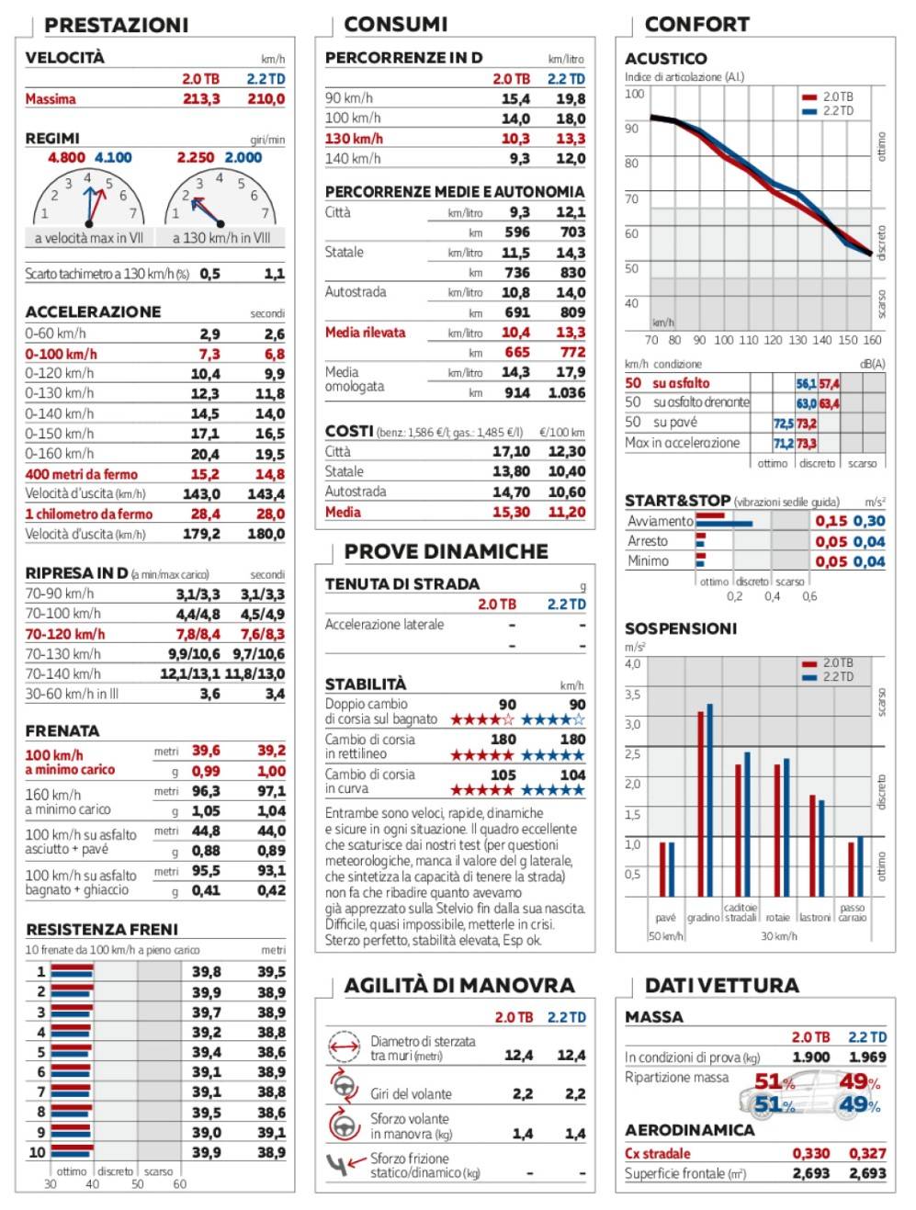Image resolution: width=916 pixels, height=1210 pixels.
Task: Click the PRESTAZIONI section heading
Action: click(x=116, y=25)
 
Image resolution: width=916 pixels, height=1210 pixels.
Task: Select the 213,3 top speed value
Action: click(x=201, y=99)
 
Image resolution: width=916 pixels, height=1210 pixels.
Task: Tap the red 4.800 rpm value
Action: click(x=66, y=158)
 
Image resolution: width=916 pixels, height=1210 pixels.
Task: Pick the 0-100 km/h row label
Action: click(x=61, y=354)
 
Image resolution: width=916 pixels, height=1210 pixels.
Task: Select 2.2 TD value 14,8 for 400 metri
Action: click(x=270, y=474)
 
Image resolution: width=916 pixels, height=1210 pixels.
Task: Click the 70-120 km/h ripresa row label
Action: click(x=64, y=634)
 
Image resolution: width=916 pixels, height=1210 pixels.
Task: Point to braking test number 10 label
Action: click(x=38, y=1152)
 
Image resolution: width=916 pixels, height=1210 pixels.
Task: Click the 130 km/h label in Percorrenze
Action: click(x=354, y=139)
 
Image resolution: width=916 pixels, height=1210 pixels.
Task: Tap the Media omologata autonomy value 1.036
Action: click(x=567, y=392)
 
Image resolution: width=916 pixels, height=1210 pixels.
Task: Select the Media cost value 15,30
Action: click(x=511, y=512)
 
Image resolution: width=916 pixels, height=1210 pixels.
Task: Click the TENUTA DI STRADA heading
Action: click(x=401, y=583)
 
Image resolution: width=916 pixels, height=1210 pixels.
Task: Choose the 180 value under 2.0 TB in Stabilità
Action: click(x=503, y=739)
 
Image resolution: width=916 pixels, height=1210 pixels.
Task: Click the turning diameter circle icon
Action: click(x=344, y=1046)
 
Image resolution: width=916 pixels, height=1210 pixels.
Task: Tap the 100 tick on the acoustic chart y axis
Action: click(x=635, y=93)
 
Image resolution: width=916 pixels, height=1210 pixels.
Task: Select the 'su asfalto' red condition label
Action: click(x=681, y=383)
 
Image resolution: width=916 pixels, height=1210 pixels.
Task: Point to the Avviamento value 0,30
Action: click(x=869, y=521)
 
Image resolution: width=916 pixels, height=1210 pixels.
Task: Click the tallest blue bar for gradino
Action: click(x=709, y=800)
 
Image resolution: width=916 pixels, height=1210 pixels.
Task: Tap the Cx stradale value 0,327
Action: click(x=867, y=1153)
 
